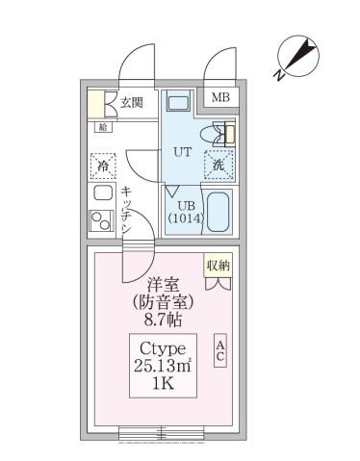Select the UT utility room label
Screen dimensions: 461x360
[x=181, y=152]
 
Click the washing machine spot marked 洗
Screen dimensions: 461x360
[x=219, y=165]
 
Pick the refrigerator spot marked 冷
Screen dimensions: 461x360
[x=102, y=165]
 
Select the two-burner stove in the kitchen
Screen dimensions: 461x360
[x=101, y=221]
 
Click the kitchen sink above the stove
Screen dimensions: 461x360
[x=101, y=192]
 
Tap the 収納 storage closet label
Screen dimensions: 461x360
[x=218, y=264]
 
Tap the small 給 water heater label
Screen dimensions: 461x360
[x=102, y=126]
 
